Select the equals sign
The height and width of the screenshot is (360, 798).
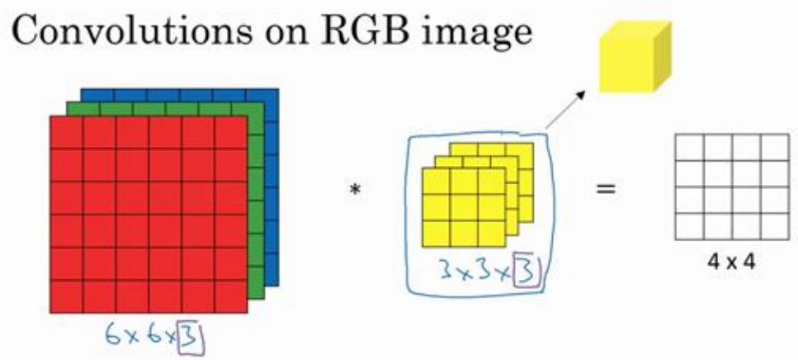tap(607, 190)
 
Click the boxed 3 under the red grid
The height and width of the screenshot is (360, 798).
tap(191, 336)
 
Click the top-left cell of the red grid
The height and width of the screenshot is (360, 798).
tap(67, 131)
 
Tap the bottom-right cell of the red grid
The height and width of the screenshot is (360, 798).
tap(230, 296)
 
